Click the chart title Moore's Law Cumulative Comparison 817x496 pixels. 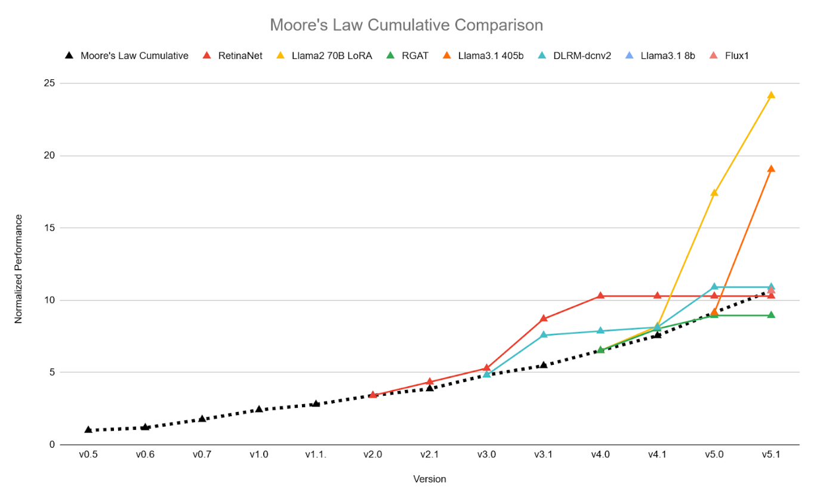tap(406, 25)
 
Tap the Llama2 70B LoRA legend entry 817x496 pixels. tap(326, 56)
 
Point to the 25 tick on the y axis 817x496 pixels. tap(49, 83)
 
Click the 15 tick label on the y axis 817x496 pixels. tap(49, 228)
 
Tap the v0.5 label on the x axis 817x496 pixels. tap(88, 454)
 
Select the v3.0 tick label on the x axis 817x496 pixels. tap(486, 454)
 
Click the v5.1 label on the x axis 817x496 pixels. tap(771, 454)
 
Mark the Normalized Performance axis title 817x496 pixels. tap(19, 269)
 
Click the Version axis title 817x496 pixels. tap(429, 479)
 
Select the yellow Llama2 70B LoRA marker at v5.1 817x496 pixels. tap(771, 95)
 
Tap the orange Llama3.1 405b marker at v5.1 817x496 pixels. tap(771, 169)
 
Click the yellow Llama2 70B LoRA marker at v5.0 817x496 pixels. tap(714, 193)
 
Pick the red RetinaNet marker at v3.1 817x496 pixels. tap(544, 318)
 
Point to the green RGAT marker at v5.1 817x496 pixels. tap(771, 315)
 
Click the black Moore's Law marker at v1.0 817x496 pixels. tap(259, 409)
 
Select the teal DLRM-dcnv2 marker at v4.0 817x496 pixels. tap(600, 331)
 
